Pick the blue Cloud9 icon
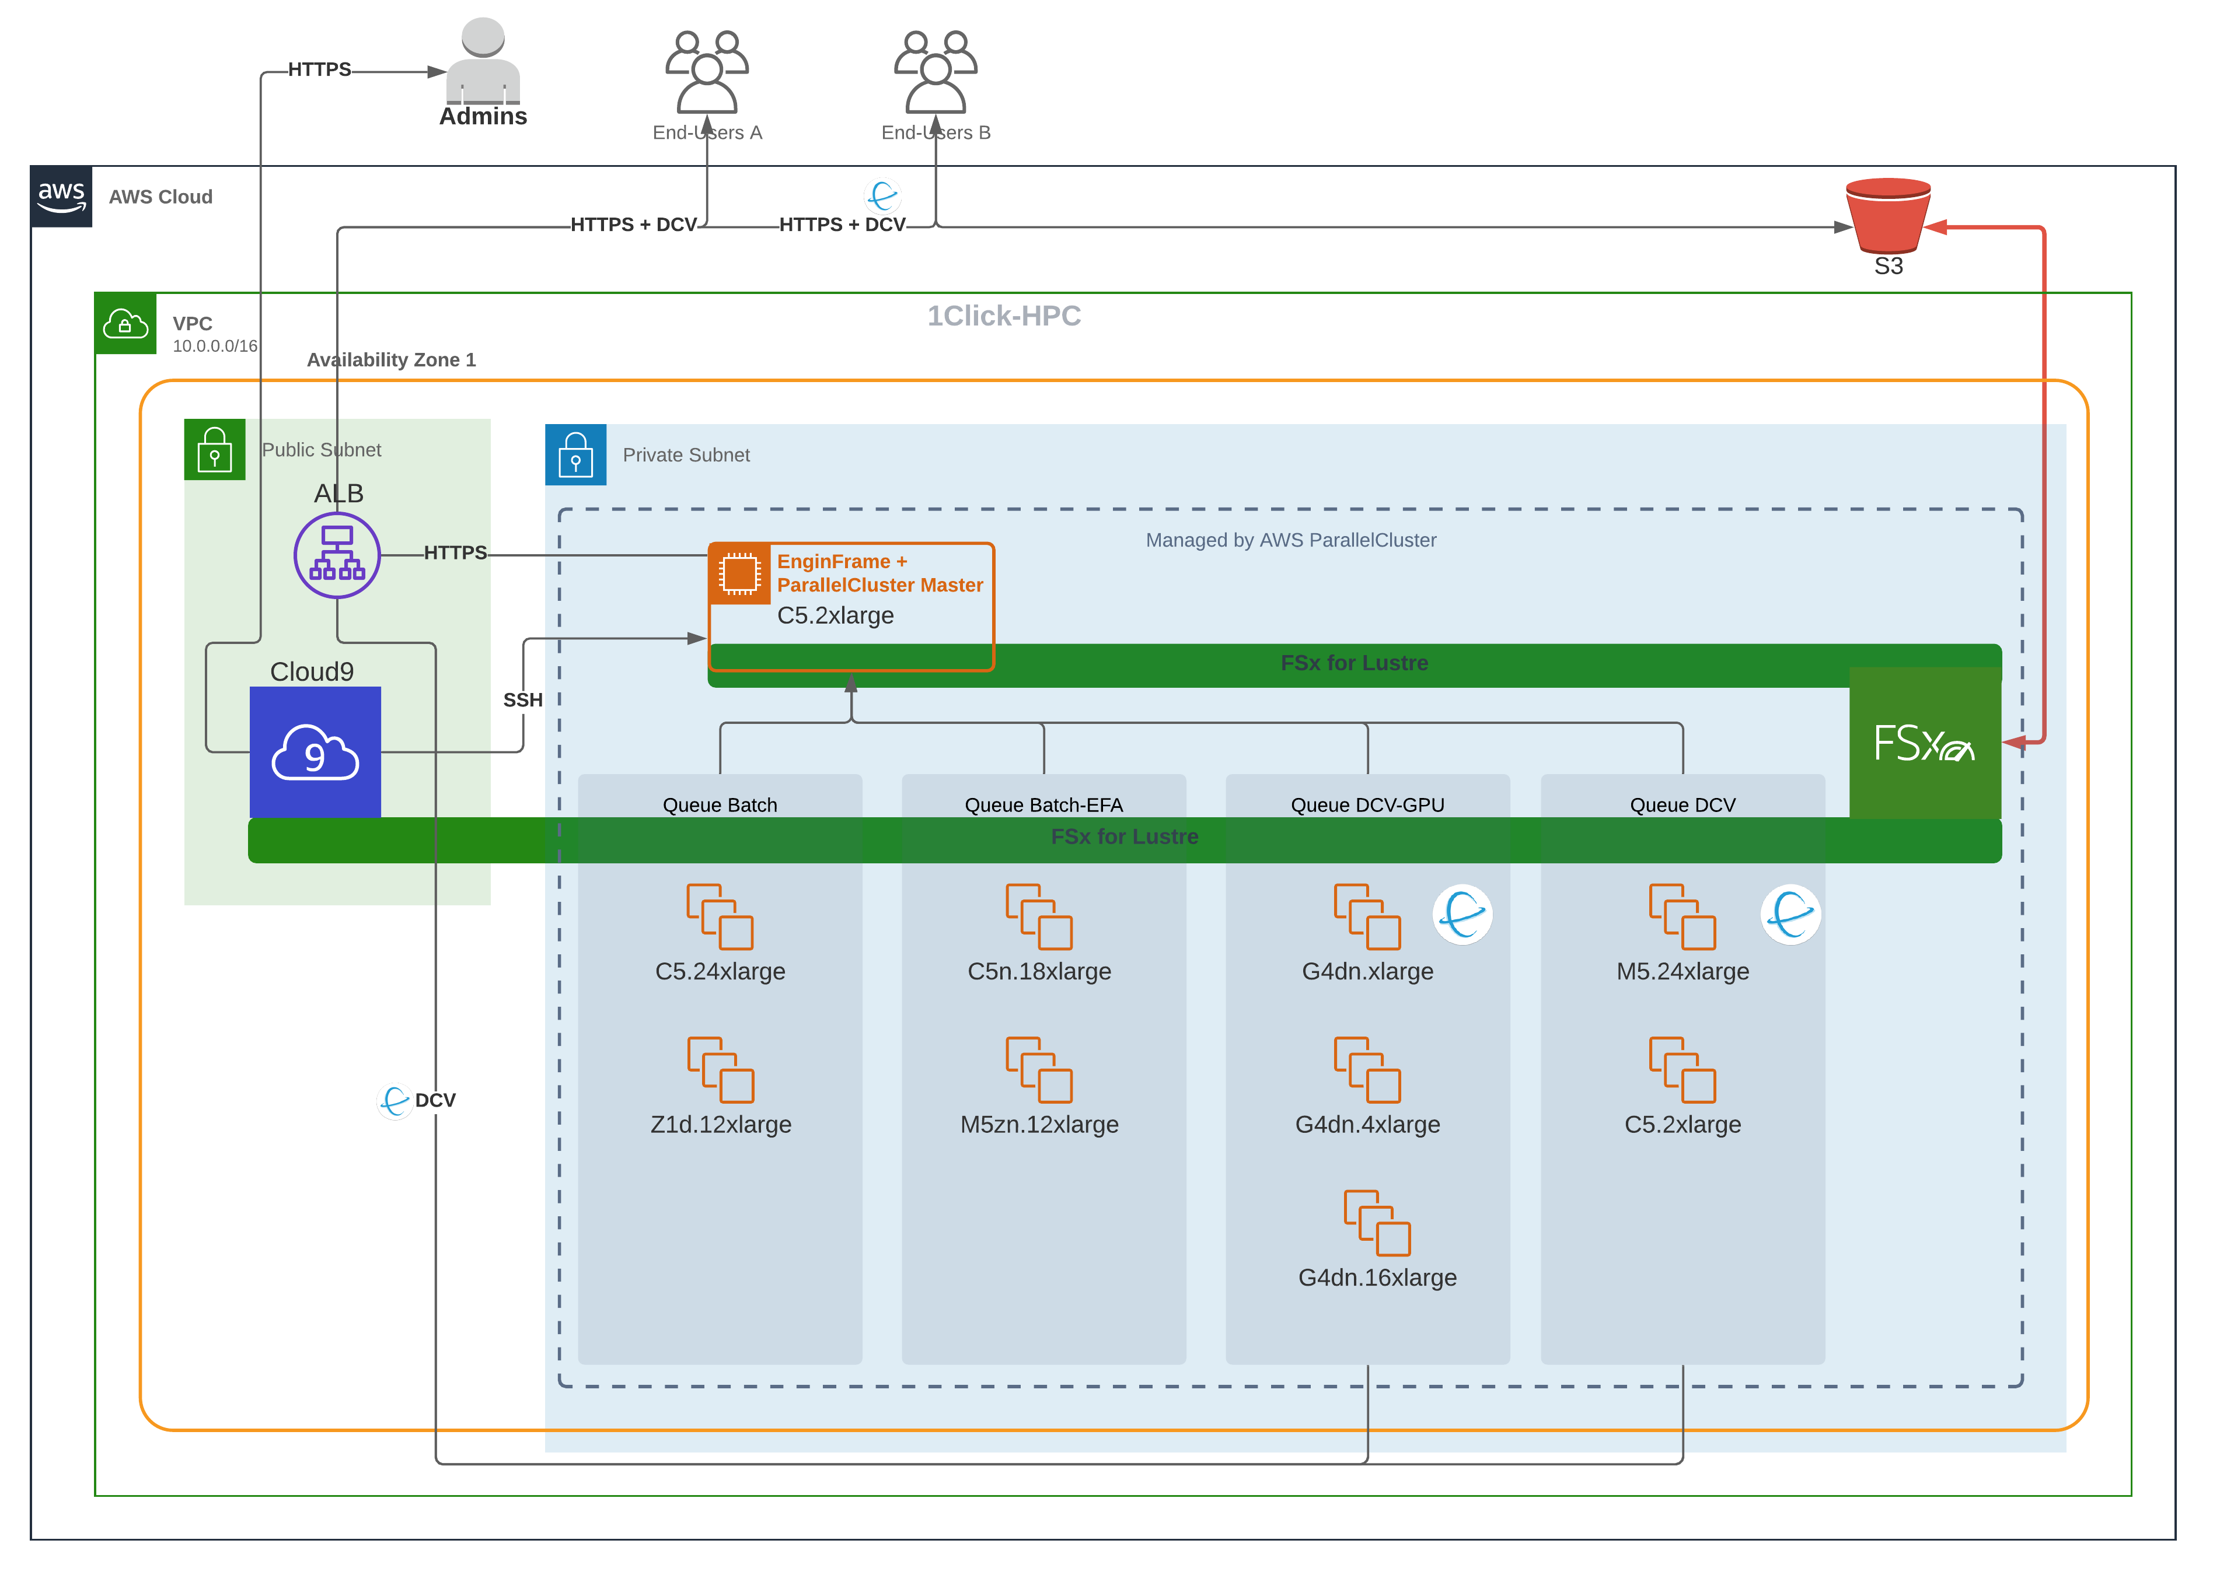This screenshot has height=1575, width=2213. (x=315, y=752)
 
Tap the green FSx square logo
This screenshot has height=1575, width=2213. (x=1924, y=744)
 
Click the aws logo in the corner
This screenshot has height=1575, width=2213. (x=61, y=196)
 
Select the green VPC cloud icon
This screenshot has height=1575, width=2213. (x=125, y=323)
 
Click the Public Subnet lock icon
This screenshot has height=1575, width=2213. (x=214, y=449)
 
